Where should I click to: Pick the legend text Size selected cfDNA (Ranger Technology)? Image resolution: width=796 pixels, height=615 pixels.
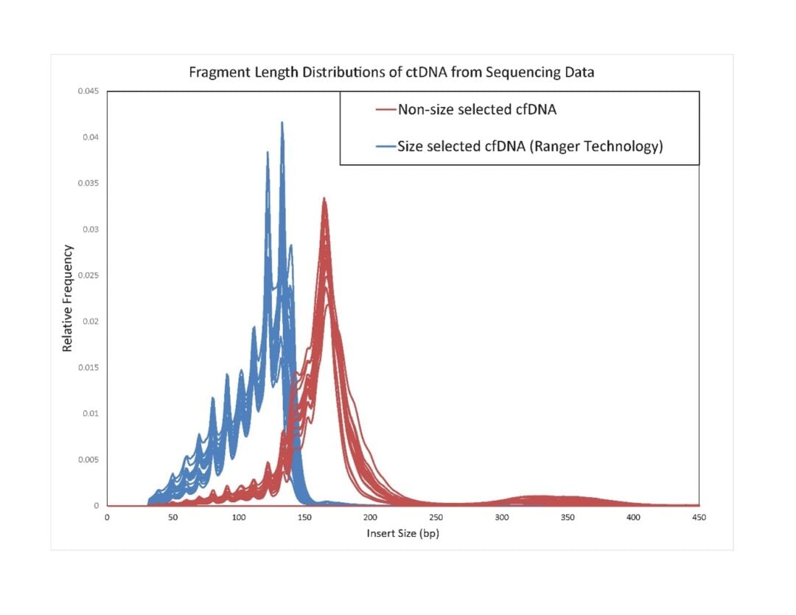tap(530, 146)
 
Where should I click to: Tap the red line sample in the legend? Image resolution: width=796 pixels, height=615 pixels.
tap(385, 111)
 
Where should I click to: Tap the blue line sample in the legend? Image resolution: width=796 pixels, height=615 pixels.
tap(385, 147)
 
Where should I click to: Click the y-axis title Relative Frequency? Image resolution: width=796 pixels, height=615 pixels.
tap(68, 298)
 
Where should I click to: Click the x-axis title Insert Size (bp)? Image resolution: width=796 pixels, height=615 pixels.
tap(402, 532)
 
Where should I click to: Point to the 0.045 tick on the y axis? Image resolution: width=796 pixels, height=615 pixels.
tap(88, 91)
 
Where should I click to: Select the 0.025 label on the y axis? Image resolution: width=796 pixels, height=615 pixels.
tap(88, 276)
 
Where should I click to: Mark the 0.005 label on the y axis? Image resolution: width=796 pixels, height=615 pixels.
tap(88, 459)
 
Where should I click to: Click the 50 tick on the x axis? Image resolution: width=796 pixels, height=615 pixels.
tap(172, 518)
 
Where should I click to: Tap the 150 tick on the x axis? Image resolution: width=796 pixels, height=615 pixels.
tap(304, 518)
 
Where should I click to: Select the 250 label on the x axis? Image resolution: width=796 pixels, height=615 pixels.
tap(436, 518)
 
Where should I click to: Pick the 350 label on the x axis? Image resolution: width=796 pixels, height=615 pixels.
tap(568, 518)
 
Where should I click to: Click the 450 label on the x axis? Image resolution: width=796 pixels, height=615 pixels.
tap(699, 518)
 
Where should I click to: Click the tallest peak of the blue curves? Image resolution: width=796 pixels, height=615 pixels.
tap(282, 123)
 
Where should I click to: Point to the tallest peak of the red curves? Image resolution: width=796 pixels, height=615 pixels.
tap(324, 198)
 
